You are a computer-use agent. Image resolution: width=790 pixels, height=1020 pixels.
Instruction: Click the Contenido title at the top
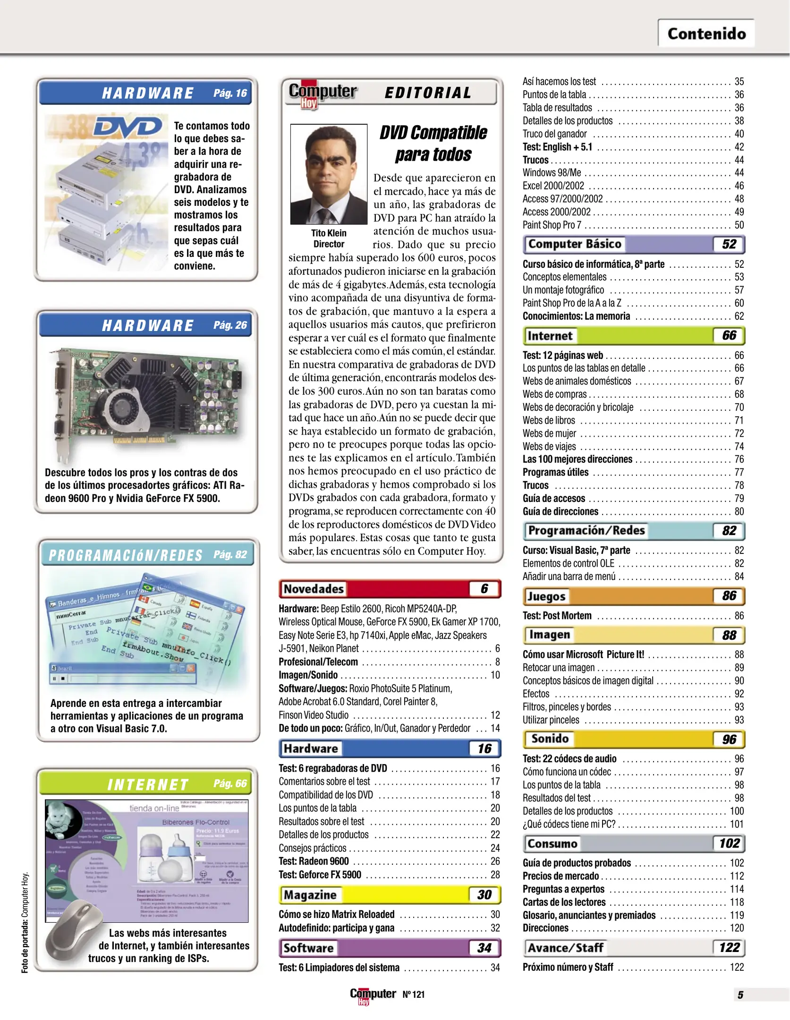tap(706, 34)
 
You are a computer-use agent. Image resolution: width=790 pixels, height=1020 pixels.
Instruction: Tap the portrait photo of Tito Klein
tap(329, 174)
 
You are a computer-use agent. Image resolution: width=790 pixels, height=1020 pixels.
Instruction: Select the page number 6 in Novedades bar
tap(484, 588)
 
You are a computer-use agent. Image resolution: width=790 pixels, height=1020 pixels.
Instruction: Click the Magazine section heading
tap(310, 894)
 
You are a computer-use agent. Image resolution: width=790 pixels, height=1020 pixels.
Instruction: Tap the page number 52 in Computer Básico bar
tap(729, 244)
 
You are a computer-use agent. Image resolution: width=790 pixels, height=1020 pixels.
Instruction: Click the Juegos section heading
tap(546, 596)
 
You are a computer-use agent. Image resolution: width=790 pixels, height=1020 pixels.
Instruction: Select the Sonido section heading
tap(550, 739)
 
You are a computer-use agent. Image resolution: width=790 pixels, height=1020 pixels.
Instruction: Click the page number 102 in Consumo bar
tap(729, 843)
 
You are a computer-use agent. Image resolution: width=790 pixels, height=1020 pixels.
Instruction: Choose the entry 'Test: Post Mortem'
tap(557, 616)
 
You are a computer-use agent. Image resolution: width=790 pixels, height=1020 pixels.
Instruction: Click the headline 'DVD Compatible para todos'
tap(433, 144)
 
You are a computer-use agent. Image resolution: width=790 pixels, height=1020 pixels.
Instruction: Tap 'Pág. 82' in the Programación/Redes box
tap(230, 554)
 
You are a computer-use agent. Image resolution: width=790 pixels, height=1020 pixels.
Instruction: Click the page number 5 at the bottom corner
tap(740, 994)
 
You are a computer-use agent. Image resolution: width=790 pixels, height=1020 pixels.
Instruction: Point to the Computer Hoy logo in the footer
tap(373, 994)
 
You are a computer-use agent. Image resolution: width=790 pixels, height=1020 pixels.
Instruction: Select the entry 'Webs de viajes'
tap(549, 446)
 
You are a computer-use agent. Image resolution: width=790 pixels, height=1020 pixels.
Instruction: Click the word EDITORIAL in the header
tap(428, 93)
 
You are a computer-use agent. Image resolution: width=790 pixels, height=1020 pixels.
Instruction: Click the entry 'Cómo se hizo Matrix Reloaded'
tap(336, 914)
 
